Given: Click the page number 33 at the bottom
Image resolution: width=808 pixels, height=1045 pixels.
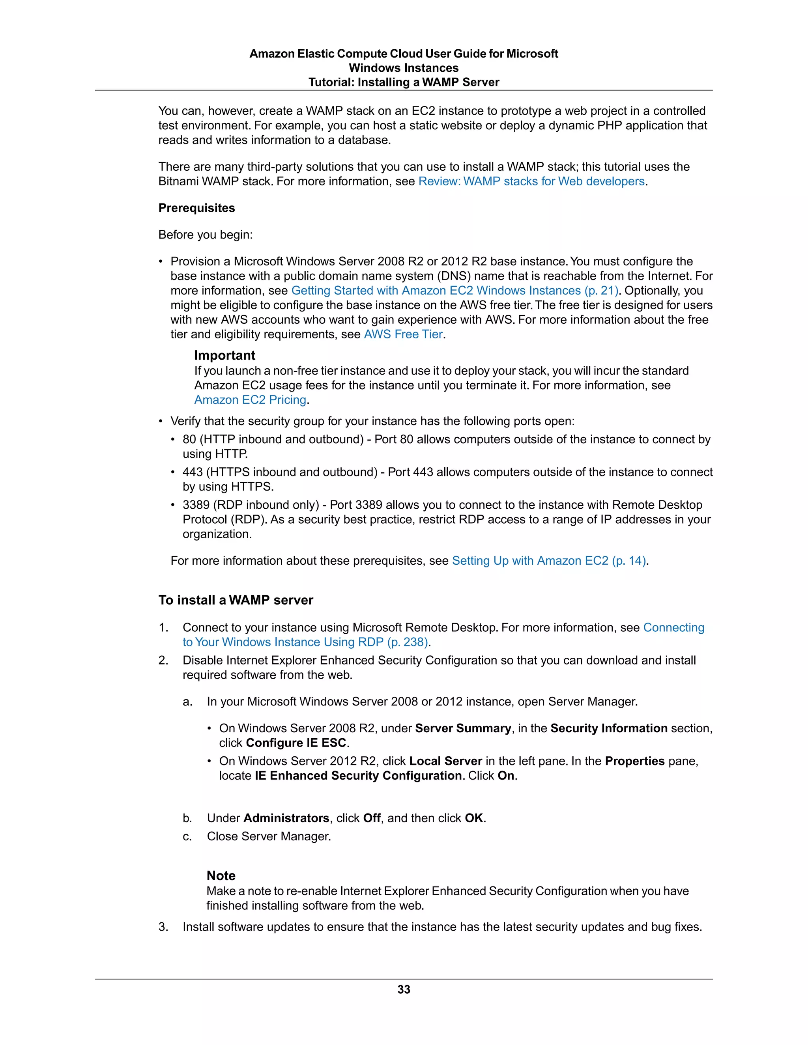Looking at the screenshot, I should pyautogui.click(x=404, y=989).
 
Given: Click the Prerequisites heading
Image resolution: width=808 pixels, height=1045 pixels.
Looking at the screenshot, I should pyautogui.click(x=197, y=208).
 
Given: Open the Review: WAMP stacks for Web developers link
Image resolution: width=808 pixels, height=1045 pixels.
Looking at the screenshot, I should pyautogui.click(x=531, y=181).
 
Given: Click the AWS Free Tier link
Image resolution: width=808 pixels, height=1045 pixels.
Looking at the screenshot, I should pyautogui.click(x=403, y=334).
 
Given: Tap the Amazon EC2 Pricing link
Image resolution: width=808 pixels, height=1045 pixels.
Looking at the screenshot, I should pyautogui.click(x=250, y=400).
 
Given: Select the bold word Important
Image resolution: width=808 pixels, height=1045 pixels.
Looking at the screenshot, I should pyautogui.click(x=224, y=356).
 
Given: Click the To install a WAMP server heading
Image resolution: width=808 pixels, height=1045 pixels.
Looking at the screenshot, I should pyautogui.click(x=236, y=600).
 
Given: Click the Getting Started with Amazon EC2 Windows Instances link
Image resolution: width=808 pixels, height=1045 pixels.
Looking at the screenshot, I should pyautogui.click(x=455, y=291).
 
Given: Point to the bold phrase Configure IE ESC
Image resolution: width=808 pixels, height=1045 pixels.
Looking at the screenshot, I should pyautogui.click(x=296, y=743).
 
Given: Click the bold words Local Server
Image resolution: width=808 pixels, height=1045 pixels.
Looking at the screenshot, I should pyautogui.click(x=446, y=761).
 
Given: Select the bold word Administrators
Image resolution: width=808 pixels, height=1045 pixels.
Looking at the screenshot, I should pyautogui.click(x=286, y=818).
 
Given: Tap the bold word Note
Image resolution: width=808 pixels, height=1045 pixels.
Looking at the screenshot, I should pyautogui.click(x=221, y=875).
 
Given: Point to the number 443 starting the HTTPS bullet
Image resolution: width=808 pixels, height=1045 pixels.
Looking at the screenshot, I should pyautogui.click(x=193, y=472).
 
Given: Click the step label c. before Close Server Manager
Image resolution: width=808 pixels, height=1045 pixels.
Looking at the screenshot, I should pyautogui.click(x=187, y=836).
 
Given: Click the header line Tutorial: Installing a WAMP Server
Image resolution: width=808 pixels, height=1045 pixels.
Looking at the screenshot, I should pyautogui.click(x=404, y=82).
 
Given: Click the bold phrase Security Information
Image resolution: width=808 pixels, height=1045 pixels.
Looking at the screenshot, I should pyautogui.click(x=608, y=728).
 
